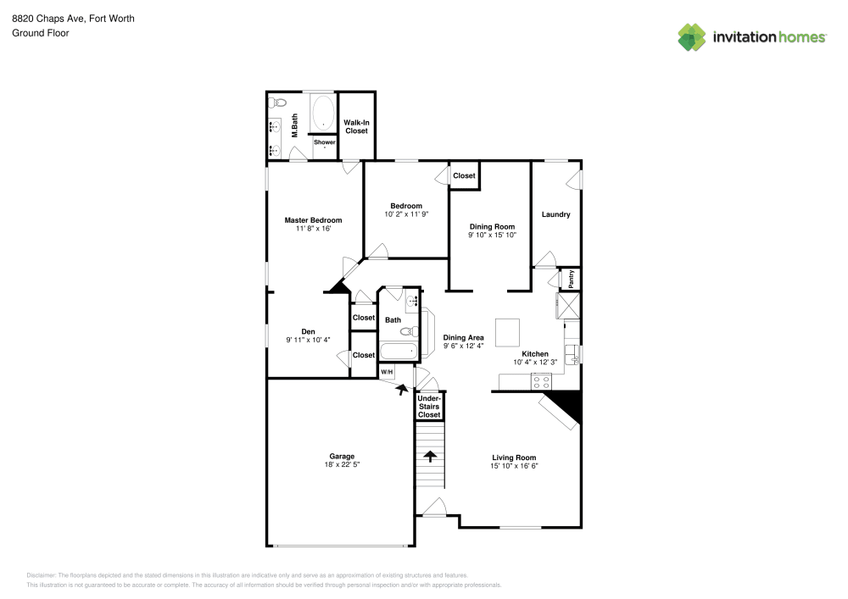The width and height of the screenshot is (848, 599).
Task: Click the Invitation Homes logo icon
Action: coord(691,36)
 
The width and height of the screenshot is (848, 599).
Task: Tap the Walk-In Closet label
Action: coord(356,127)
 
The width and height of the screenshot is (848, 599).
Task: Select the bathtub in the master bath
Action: coord(322,114)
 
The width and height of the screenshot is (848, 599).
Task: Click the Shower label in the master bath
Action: coord(325,142)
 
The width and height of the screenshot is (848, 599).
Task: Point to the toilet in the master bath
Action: coord(274,103)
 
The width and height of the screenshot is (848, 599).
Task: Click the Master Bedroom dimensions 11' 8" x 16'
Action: coord(313,229)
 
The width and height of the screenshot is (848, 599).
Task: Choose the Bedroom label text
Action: coord(406,206)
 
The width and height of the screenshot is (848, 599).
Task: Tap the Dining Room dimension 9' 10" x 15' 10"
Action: coord(492,236)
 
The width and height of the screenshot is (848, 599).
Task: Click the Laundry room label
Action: coord(555,214)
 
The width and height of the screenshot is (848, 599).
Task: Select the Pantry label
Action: coord(572,279)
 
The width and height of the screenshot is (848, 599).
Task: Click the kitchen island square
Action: coord(507,331)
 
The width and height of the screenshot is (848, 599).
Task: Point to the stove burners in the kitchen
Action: coord(541,382)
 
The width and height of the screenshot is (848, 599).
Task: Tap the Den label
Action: coord(308,331)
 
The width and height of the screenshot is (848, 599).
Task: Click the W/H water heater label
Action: coord(387,372)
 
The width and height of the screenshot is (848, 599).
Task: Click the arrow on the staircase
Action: coord(430,458)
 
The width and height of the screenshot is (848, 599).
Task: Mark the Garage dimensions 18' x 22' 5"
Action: coord(342,465)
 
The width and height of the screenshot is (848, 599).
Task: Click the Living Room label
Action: coord(514,458)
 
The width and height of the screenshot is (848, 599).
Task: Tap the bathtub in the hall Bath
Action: coord(399,351)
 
